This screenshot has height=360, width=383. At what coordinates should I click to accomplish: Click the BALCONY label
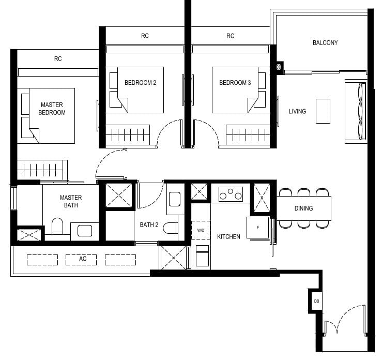(325, 42)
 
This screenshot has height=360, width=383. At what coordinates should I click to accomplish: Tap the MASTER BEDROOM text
(53, 109)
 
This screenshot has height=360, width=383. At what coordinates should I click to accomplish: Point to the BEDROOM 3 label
(235, 83)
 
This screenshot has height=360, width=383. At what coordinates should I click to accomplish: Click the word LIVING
(297, 111)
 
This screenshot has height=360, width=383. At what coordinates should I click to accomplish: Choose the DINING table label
(303, 208)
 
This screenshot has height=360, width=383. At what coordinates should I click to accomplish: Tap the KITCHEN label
(228, 236)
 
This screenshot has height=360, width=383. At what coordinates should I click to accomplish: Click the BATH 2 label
(149, 225)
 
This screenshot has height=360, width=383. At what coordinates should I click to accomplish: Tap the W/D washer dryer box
(201, 230)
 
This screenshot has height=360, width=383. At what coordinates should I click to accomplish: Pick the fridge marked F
(257, 228)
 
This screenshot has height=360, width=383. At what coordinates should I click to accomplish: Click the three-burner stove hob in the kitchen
(231, 195)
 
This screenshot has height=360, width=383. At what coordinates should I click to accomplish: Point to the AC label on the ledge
(82, 259)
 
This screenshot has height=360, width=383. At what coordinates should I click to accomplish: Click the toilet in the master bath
(57, 227)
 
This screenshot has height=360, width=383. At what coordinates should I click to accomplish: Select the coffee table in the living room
(323, 111)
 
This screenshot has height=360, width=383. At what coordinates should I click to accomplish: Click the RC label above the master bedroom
(58, 59)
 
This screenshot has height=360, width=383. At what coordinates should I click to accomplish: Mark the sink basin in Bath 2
(174, 199)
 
